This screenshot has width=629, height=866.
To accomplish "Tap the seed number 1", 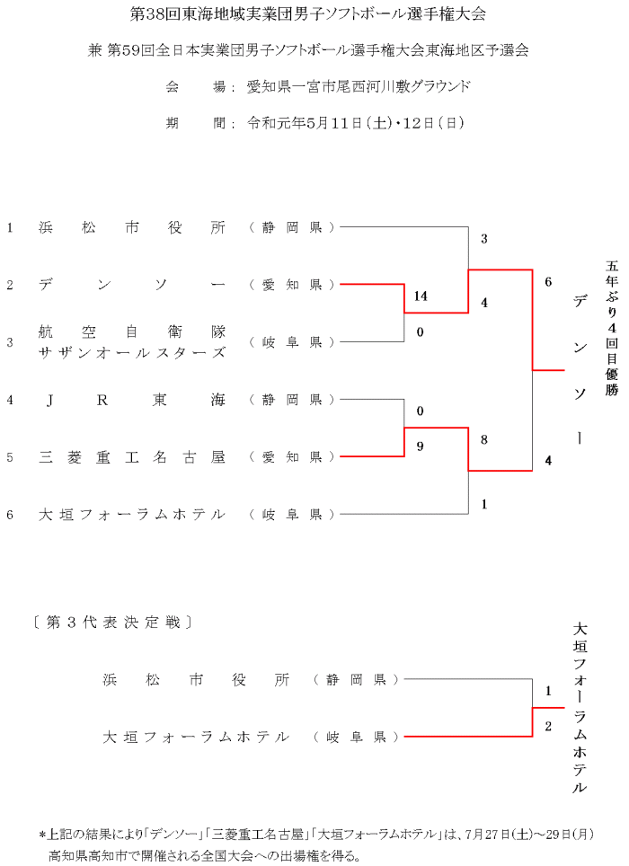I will [10, 227].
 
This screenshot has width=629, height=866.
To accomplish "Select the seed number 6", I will [10, 515].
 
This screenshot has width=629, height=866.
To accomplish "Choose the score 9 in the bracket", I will [420, 444].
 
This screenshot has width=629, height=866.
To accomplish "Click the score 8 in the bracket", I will [484, 439].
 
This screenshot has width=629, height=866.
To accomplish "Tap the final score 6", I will [548, 281].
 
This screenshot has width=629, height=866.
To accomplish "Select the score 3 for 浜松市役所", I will [484, 238].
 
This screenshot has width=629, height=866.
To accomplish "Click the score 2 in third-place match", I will [548, 726].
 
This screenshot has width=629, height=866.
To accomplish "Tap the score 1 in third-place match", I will [548, 691].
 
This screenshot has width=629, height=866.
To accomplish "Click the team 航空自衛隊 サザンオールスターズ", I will [132, 342].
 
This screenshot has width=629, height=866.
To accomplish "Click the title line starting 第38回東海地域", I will [314, 15].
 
